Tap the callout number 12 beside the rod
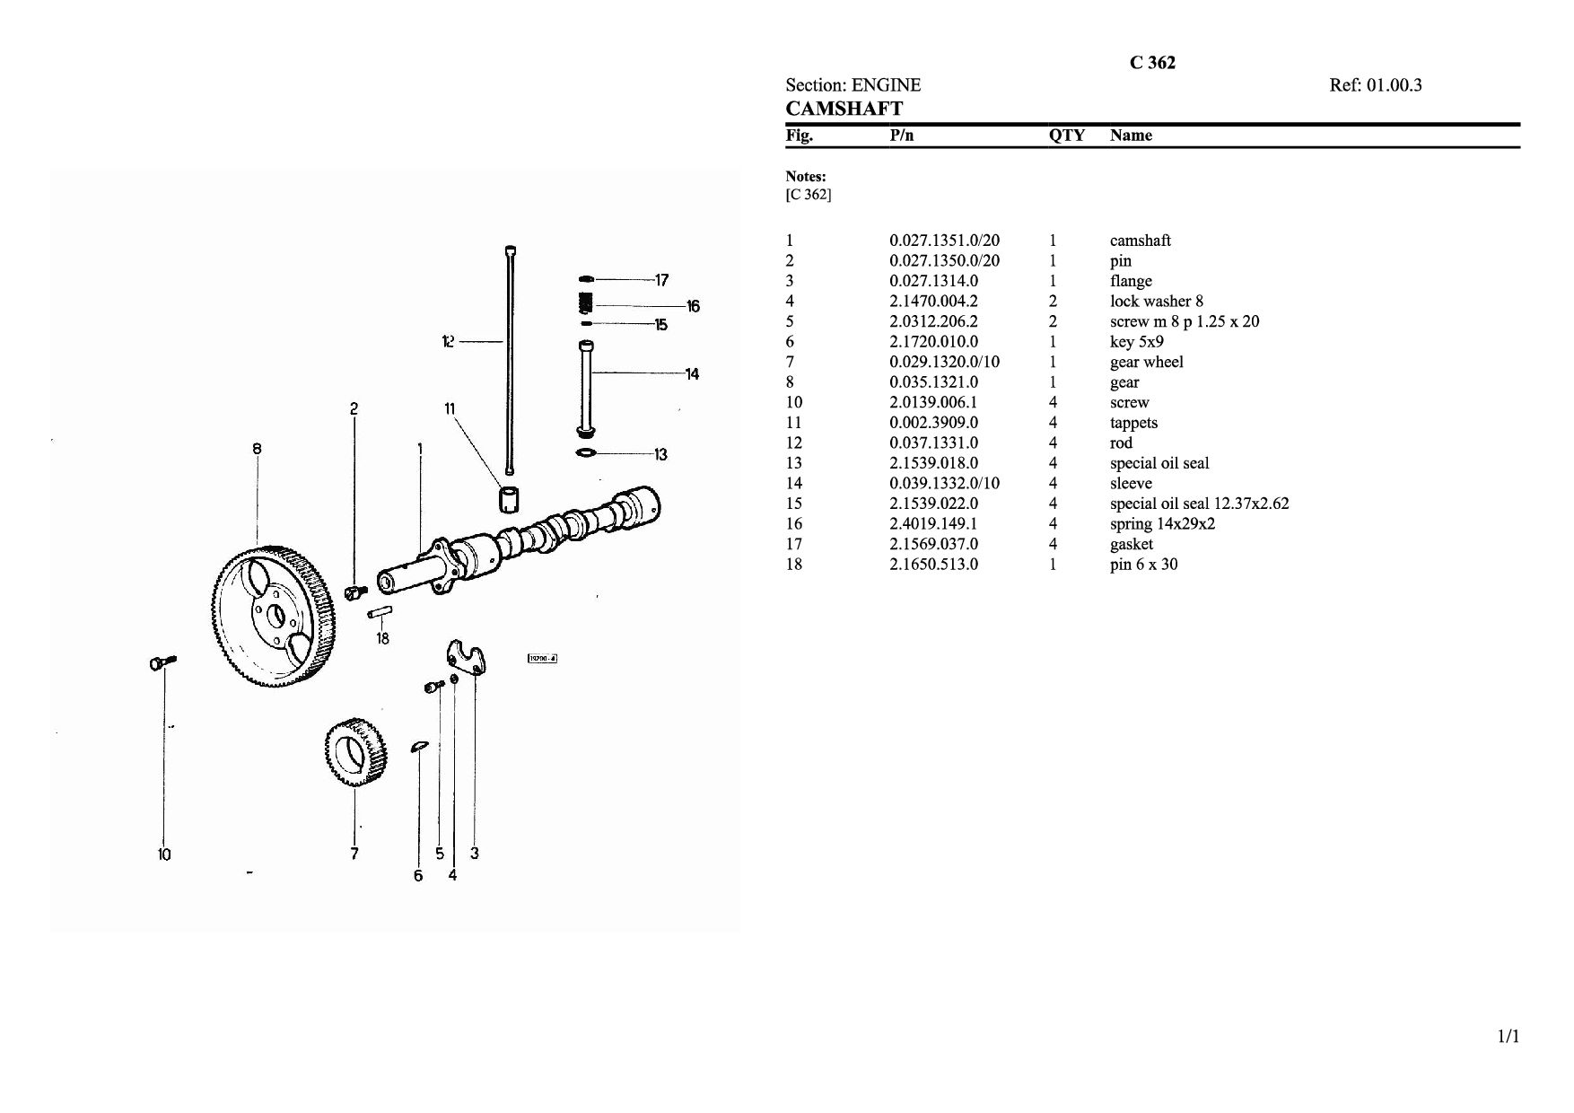pos(449,341)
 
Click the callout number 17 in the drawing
pos(661,280)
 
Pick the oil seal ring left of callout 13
pos(585,452)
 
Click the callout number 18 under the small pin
pos(383,638)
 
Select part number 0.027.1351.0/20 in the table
pos(944,241)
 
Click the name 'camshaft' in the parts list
pos(1140,241)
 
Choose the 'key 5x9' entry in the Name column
pos(1136,342)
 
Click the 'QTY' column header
pos(1066,136)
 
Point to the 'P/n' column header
pos(901,136)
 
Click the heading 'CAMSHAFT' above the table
pos(844,109)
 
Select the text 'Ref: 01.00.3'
pos(1375,85)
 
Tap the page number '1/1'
pos(1508,1038)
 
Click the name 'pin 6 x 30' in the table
pos(1143,565)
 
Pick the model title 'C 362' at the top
pos(1152,63)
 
